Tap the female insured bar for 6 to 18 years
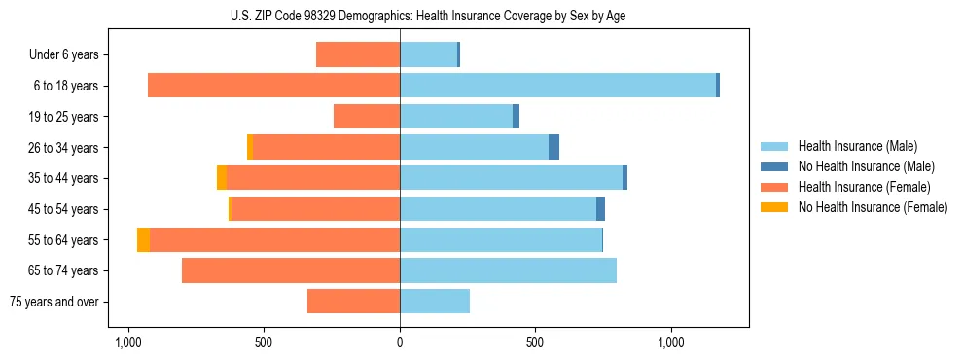(273, 86)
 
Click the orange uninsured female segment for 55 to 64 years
(143, 240)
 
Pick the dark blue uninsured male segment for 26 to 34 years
(553, 147)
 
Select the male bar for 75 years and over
(435, 302)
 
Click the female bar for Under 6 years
(358, 54)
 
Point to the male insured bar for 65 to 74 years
(508, 270)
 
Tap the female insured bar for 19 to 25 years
(367, 117)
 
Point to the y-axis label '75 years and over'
(54, 302)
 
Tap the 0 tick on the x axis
(400, 342)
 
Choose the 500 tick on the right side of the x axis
(535, 342)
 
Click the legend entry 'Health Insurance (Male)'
(857, 146)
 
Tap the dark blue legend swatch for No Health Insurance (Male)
(775, 166)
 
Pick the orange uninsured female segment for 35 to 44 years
(222, 178)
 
